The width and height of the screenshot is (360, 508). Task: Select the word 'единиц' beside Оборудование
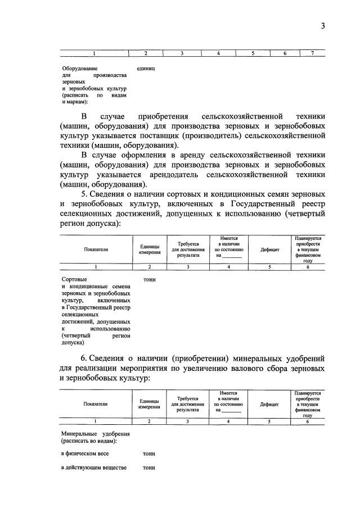[x=146, y=69]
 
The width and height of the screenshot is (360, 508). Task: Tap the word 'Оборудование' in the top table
[x=76, y=69]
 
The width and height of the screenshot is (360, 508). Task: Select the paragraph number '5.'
[x=85, y=194]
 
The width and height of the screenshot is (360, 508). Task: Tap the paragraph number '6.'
[x=85, y=358]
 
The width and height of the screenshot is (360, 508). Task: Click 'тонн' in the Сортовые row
[x=149, y=279]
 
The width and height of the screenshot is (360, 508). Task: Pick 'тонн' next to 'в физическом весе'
[x=149, y=453]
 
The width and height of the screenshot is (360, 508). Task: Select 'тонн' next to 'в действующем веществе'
[x=149, y=468]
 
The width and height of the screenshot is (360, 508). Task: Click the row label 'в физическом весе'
[x=85, y=453]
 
